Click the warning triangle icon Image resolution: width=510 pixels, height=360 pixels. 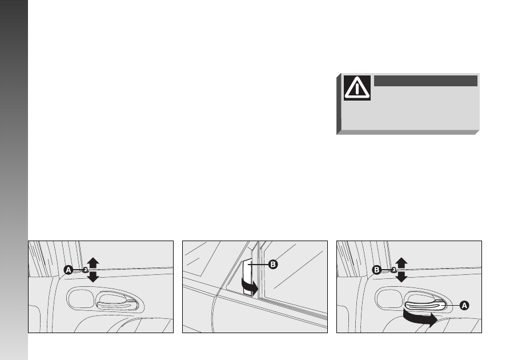(x=357, y=87)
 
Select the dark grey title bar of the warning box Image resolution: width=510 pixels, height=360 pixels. (x=425, y=81)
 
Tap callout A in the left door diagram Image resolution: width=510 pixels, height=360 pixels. (x=69, y=270)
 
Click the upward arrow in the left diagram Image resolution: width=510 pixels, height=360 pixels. (x=93, y=263)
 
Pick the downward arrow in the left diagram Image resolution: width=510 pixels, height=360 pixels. (x=93, y=277)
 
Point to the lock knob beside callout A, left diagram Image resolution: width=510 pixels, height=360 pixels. (x=86, y=270)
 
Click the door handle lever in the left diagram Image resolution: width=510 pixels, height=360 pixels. (x=117, y=306)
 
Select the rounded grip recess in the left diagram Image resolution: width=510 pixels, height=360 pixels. (x=81, y=298)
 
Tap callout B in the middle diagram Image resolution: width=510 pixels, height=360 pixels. (x=273, y=265)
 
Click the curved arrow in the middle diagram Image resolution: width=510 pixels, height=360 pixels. (x=250, y=286)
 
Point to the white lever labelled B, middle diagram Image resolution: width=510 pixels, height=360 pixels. (x=247, y=277)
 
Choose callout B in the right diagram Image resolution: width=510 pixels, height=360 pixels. (x=376, y=270)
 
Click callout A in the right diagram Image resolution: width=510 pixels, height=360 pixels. (x=464, y=305)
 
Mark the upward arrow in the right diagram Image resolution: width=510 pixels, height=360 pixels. (x=401, y=263)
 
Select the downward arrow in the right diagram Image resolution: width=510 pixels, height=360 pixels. (x=401, y=277)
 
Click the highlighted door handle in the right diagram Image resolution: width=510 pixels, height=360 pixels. (x=425, y=306)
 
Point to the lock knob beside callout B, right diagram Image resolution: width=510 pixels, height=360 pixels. (x=394, y=270)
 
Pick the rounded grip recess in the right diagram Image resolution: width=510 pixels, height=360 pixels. (x=389, y=298)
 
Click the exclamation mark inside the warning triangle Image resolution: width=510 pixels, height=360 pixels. (x=357, y=89)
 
